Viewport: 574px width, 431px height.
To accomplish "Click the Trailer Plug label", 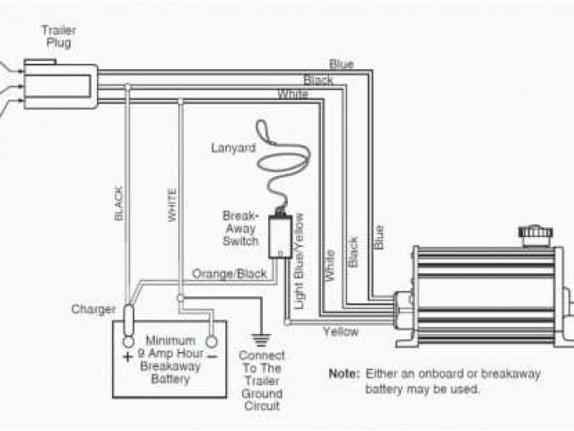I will point(57,36).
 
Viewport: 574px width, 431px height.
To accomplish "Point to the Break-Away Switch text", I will point(240,228).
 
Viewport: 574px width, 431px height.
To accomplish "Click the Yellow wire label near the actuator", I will point(341,331).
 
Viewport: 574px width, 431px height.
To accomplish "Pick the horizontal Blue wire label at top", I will point(341,64).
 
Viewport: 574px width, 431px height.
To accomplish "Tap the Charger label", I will point(94,310).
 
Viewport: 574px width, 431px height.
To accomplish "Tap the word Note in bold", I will point(344,373).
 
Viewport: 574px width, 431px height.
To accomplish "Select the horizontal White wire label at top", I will point(293,94).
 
